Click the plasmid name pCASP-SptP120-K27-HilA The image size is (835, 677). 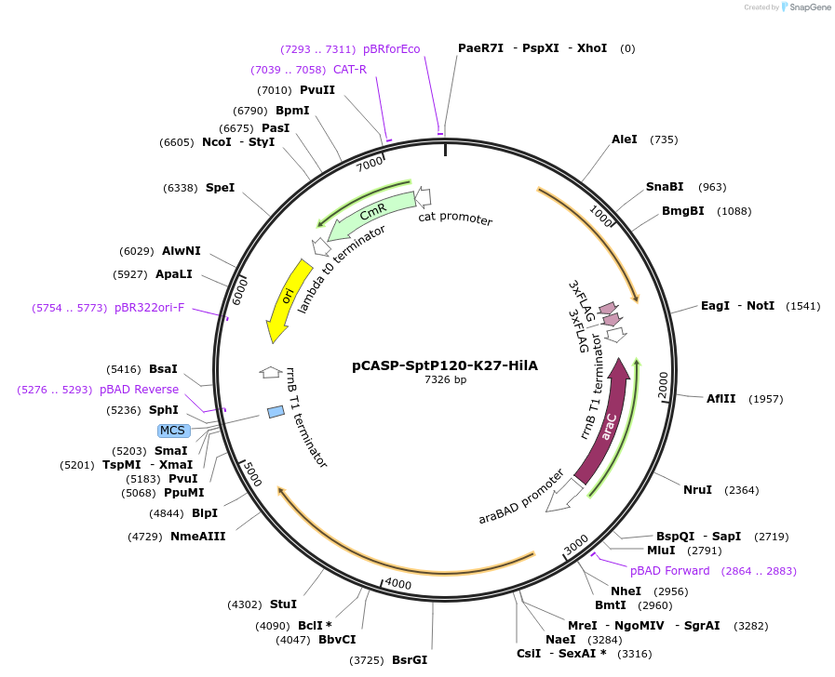[446, 366]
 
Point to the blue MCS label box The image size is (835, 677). [173, 431]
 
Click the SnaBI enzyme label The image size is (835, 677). [665, 187]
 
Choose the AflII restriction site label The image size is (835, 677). [721, 399]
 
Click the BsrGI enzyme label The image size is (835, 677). [409, 660]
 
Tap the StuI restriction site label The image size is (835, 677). [283, 604]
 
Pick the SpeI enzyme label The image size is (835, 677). [220, 188]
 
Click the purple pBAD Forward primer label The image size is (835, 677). [669, 571]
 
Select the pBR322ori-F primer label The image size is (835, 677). [150, 308]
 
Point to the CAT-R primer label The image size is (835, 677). [349, 70]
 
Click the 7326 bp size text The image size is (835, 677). [446, 380]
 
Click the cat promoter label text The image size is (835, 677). [455, 219]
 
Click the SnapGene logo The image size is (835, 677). [805, 7]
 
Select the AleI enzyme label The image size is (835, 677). [624, 139]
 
